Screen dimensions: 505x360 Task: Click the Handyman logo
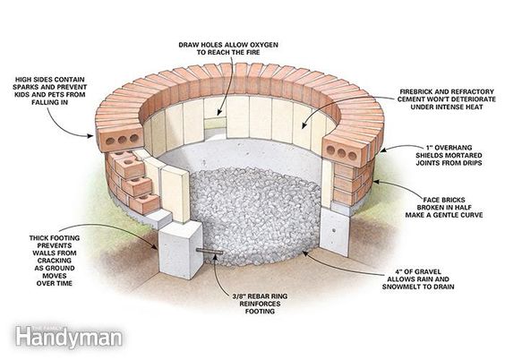pyautogui.click(x=69, y=337)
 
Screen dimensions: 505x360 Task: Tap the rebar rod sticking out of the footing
pyautogui.click(x=210, y=252)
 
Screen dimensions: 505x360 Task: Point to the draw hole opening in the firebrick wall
pyautogui.click(x=216, y=123)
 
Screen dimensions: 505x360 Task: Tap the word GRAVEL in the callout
pyautogui.click(x=424, y=271)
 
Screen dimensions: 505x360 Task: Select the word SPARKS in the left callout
pyautogui.click(x=25, y=87)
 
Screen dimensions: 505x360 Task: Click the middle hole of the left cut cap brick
pyautogui.click(x=122, y=140)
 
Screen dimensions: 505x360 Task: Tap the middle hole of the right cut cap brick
pyautogui.click(x=341, y=153)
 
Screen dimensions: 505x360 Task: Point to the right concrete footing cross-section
pyautogui.click(x=335, y=231)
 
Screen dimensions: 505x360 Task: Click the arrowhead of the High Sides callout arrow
pyautogui.click(x=90, y=136)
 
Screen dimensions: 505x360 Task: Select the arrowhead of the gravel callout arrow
pyautogui.click(x=304, y=253)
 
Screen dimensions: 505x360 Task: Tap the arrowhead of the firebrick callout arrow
pyautogui.click(x=304, y=126)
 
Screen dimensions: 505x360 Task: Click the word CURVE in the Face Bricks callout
pyautogui.click(x=471, y=215)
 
